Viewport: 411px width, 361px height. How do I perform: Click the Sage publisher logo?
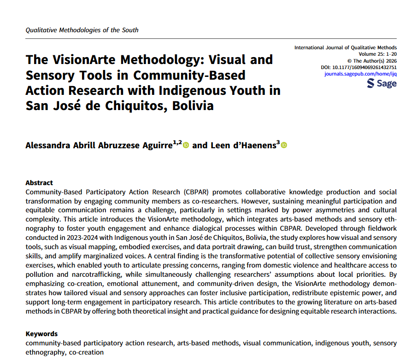[382, 83]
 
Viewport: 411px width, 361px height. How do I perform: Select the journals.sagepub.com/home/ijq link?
[360, 74]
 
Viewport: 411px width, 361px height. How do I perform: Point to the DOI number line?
[358, 67]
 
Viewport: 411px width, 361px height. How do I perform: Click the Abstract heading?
[39, 183]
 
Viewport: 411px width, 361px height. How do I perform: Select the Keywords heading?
[41, 334]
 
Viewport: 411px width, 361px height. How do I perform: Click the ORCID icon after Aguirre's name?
[186, 146]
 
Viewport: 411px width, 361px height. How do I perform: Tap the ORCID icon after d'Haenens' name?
[284, 146]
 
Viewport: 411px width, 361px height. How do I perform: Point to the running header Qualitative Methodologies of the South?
[82, 30]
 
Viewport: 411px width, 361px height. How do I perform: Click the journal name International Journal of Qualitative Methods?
[345, 48]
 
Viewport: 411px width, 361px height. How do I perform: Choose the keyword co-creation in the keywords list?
[87, 352]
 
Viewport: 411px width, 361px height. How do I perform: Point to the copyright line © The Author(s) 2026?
[372, 61]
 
